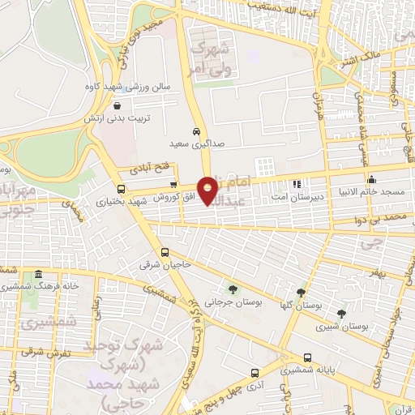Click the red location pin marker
208,190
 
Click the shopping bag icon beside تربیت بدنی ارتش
118,105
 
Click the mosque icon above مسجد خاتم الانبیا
371,179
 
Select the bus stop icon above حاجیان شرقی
165,252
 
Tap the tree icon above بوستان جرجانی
233,289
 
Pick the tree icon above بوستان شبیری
340,313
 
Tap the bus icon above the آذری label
255,374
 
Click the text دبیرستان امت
297,195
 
